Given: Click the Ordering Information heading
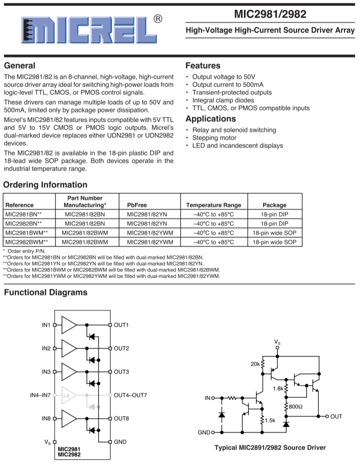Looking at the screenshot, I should (45, 184).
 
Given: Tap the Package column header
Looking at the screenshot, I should (274, 205).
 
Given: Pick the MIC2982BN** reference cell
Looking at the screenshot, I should (23, 223).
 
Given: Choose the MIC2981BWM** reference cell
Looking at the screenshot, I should (26, 233).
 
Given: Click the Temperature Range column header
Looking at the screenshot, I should (213, 205).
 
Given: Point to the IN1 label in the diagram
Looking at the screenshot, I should (46, 325).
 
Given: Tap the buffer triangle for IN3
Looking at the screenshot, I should (69, 371).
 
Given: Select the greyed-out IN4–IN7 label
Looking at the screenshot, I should (40, 395).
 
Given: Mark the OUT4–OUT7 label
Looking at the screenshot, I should (130, 395).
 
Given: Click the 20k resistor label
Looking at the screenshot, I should (255, 364).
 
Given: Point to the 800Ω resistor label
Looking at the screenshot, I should (295, 406).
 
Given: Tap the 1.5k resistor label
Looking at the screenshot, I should (270, 420).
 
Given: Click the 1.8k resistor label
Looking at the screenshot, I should (278, 388).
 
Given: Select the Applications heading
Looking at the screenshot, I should (210, 119).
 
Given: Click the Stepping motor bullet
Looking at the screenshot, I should (214, 138).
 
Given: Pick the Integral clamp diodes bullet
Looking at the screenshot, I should (223, 100).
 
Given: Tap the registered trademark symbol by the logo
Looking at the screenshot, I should (157, 19).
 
